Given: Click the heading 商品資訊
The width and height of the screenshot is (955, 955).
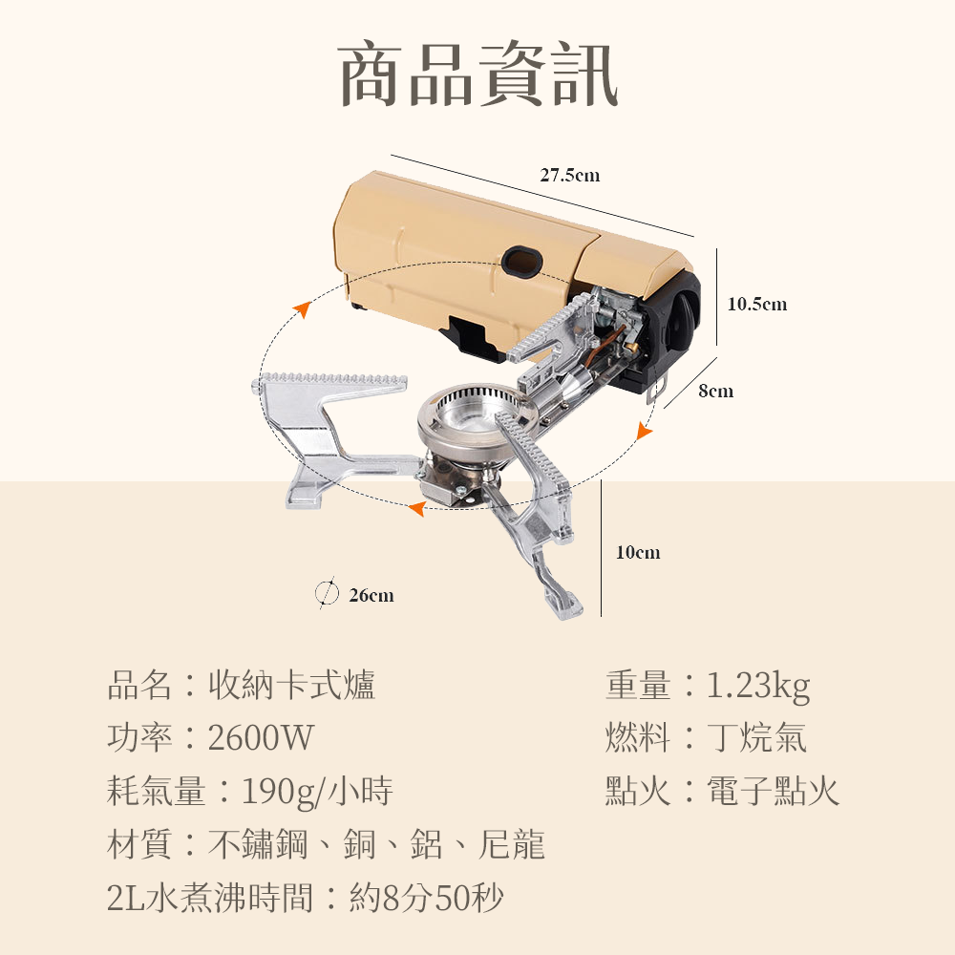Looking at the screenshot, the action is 478,74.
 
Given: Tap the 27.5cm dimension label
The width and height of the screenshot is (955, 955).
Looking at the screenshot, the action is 570,176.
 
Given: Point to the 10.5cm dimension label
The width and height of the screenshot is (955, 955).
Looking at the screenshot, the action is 757,304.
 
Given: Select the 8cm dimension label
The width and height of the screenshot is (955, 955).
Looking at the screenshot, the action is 715,391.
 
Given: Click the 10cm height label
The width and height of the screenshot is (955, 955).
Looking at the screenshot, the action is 638,552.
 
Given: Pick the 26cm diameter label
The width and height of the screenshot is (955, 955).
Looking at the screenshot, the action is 371,595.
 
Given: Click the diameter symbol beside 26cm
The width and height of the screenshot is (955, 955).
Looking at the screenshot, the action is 327,593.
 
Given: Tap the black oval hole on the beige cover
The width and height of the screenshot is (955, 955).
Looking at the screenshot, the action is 522,261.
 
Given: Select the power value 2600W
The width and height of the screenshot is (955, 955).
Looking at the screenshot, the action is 261,737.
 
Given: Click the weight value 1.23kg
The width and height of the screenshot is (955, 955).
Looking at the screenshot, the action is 758,686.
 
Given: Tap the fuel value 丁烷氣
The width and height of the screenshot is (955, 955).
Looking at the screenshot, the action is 757,737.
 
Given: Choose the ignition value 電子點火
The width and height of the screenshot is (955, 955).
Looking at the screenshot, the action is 773,791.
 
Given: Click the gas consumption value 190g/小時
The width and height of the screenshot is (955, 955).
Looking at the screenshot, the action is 317,792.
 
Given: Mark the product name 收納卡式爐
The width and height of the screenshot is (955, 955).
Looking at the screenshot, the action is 291,685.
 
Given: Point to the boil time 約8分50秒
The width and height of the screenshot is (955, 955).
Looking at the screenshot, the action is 426,898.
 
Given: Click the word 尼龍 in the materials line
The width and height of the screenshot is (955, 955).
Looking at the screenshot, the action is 512,845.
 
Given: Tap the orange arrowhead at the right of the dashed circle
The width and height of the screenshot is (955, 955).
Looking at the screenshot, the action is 643,431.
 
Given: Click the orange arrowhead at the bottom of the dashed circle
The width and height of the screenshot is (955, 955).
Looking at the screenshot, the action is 416,508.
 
